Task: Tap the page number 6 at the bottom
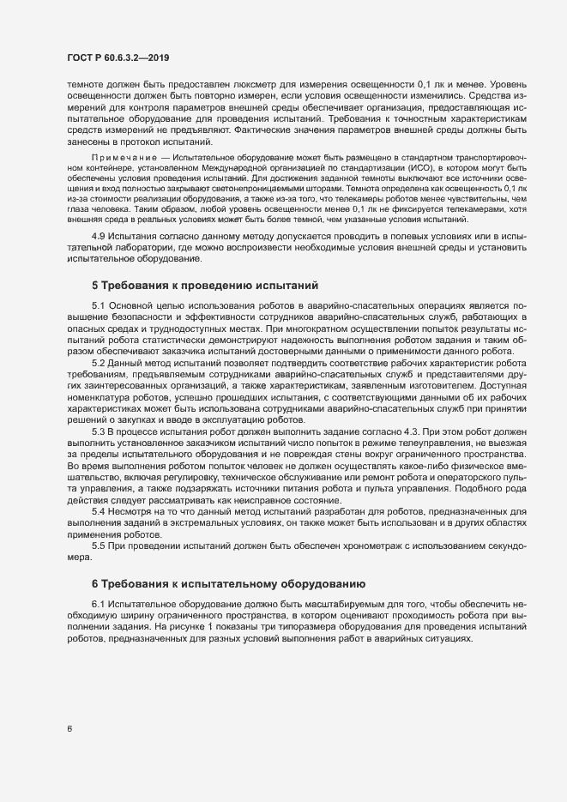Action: click(x=69, y=730)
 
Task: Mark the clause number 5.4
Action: click(x=99, y=512)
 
